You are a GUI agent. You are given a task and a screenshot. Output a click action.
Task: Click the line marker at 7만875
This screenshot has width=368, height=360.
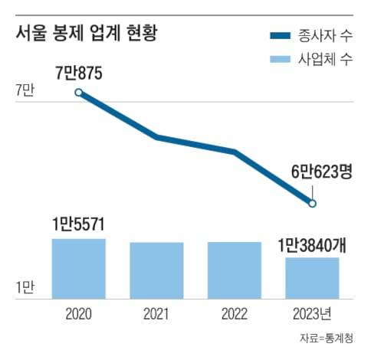coord(79,93)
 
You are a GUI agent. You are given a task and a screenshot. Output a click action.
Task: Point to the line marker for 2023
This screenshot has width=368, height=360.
coord(312,203)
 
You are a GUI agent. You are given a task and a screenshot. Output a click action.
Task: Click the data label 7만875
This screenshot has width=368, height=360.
coord(79,74)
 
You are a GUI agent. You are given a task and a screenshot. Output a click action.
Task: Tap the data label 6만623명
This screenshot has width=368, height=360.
coord(315,174)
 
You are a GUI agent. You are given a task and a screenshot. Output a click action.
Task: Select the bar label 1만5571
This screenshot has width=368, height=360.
coord(78,224)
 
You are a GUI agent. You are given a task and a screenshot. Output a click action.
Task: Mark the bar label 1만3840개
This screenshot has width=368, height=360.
coord(312,245)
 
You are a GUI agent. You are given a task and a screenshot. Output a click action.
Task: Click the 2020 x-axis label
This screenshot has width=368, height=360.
coord(78,313)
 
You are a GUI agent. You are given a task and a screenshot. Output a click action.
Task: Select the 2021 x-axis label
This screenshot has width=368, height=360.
coord(156,313)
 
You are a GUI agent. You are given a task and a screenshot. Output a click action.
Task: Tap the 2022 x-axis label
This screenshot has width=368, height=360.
coord(234,313)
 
